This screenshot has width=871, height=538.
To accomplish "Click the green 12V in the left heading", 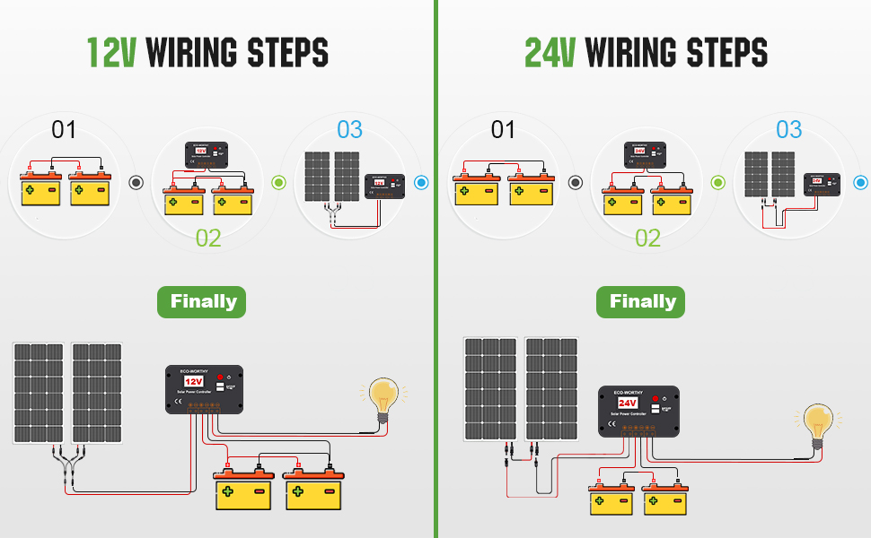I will coord(111,53).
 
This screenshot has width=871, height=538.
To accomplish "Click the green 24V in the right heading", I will coord(550,53).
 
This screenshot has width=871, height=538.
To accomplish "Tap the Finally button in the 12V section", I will coord(201,301).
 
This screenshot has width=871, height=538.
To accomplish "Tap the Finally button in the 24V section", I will coord(640,301).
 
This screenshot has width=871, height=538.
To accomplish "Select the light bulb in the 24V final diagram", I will coord(817,421).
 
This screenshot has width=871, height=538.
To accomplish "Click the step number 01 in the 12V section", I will coord(64,130).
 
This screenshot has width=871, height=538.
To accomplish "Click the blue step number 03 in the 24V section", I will coord(788,130).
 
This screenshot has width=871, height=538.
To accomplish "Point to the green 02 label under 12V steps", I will coord(207,238).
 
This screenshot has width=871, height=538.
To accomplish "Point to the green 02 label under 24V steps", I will coord(647,238).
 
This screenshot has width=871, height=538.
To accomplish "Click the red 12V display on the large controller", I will coord(194,381).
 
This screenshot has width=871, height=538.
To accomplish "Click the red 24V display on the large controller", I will coord(628,403).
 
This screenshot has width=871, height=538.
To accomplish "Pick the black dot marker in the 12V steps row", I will coord(136,182).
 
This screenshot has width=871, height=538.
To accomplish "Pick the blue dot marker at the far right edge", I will coord(862,182).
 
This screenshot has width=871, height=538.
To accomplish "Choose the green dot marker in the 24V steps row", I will coord(717,182).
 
